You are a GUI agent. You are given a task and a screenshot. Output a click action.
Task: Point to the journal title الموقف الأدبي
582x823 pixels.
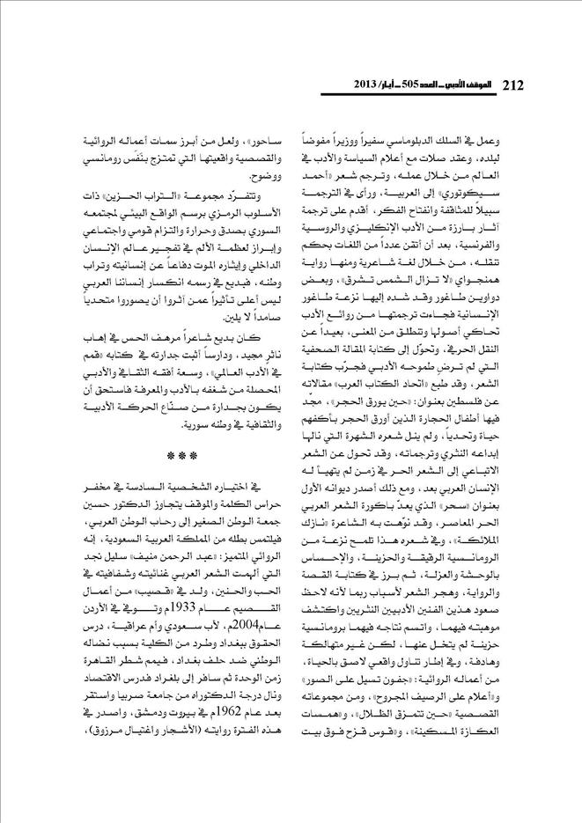pos(470,86)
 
